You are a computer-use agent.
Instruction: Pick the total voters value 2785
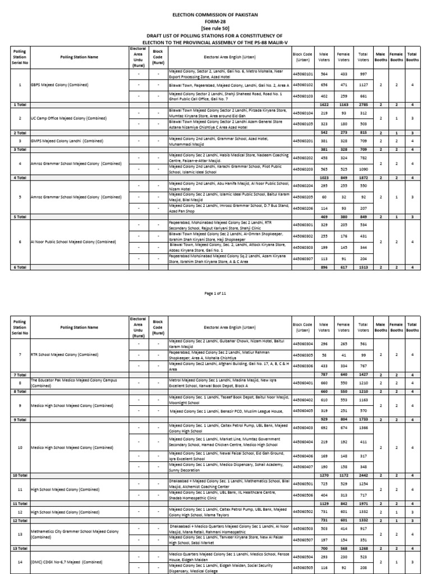[363, 104]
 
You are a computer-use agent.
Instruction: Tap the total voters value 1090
[363, 169]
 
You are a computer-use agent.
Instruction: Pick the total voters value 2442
[363, 475]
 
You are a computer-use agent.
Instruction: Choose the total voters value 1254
[363, 483]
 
